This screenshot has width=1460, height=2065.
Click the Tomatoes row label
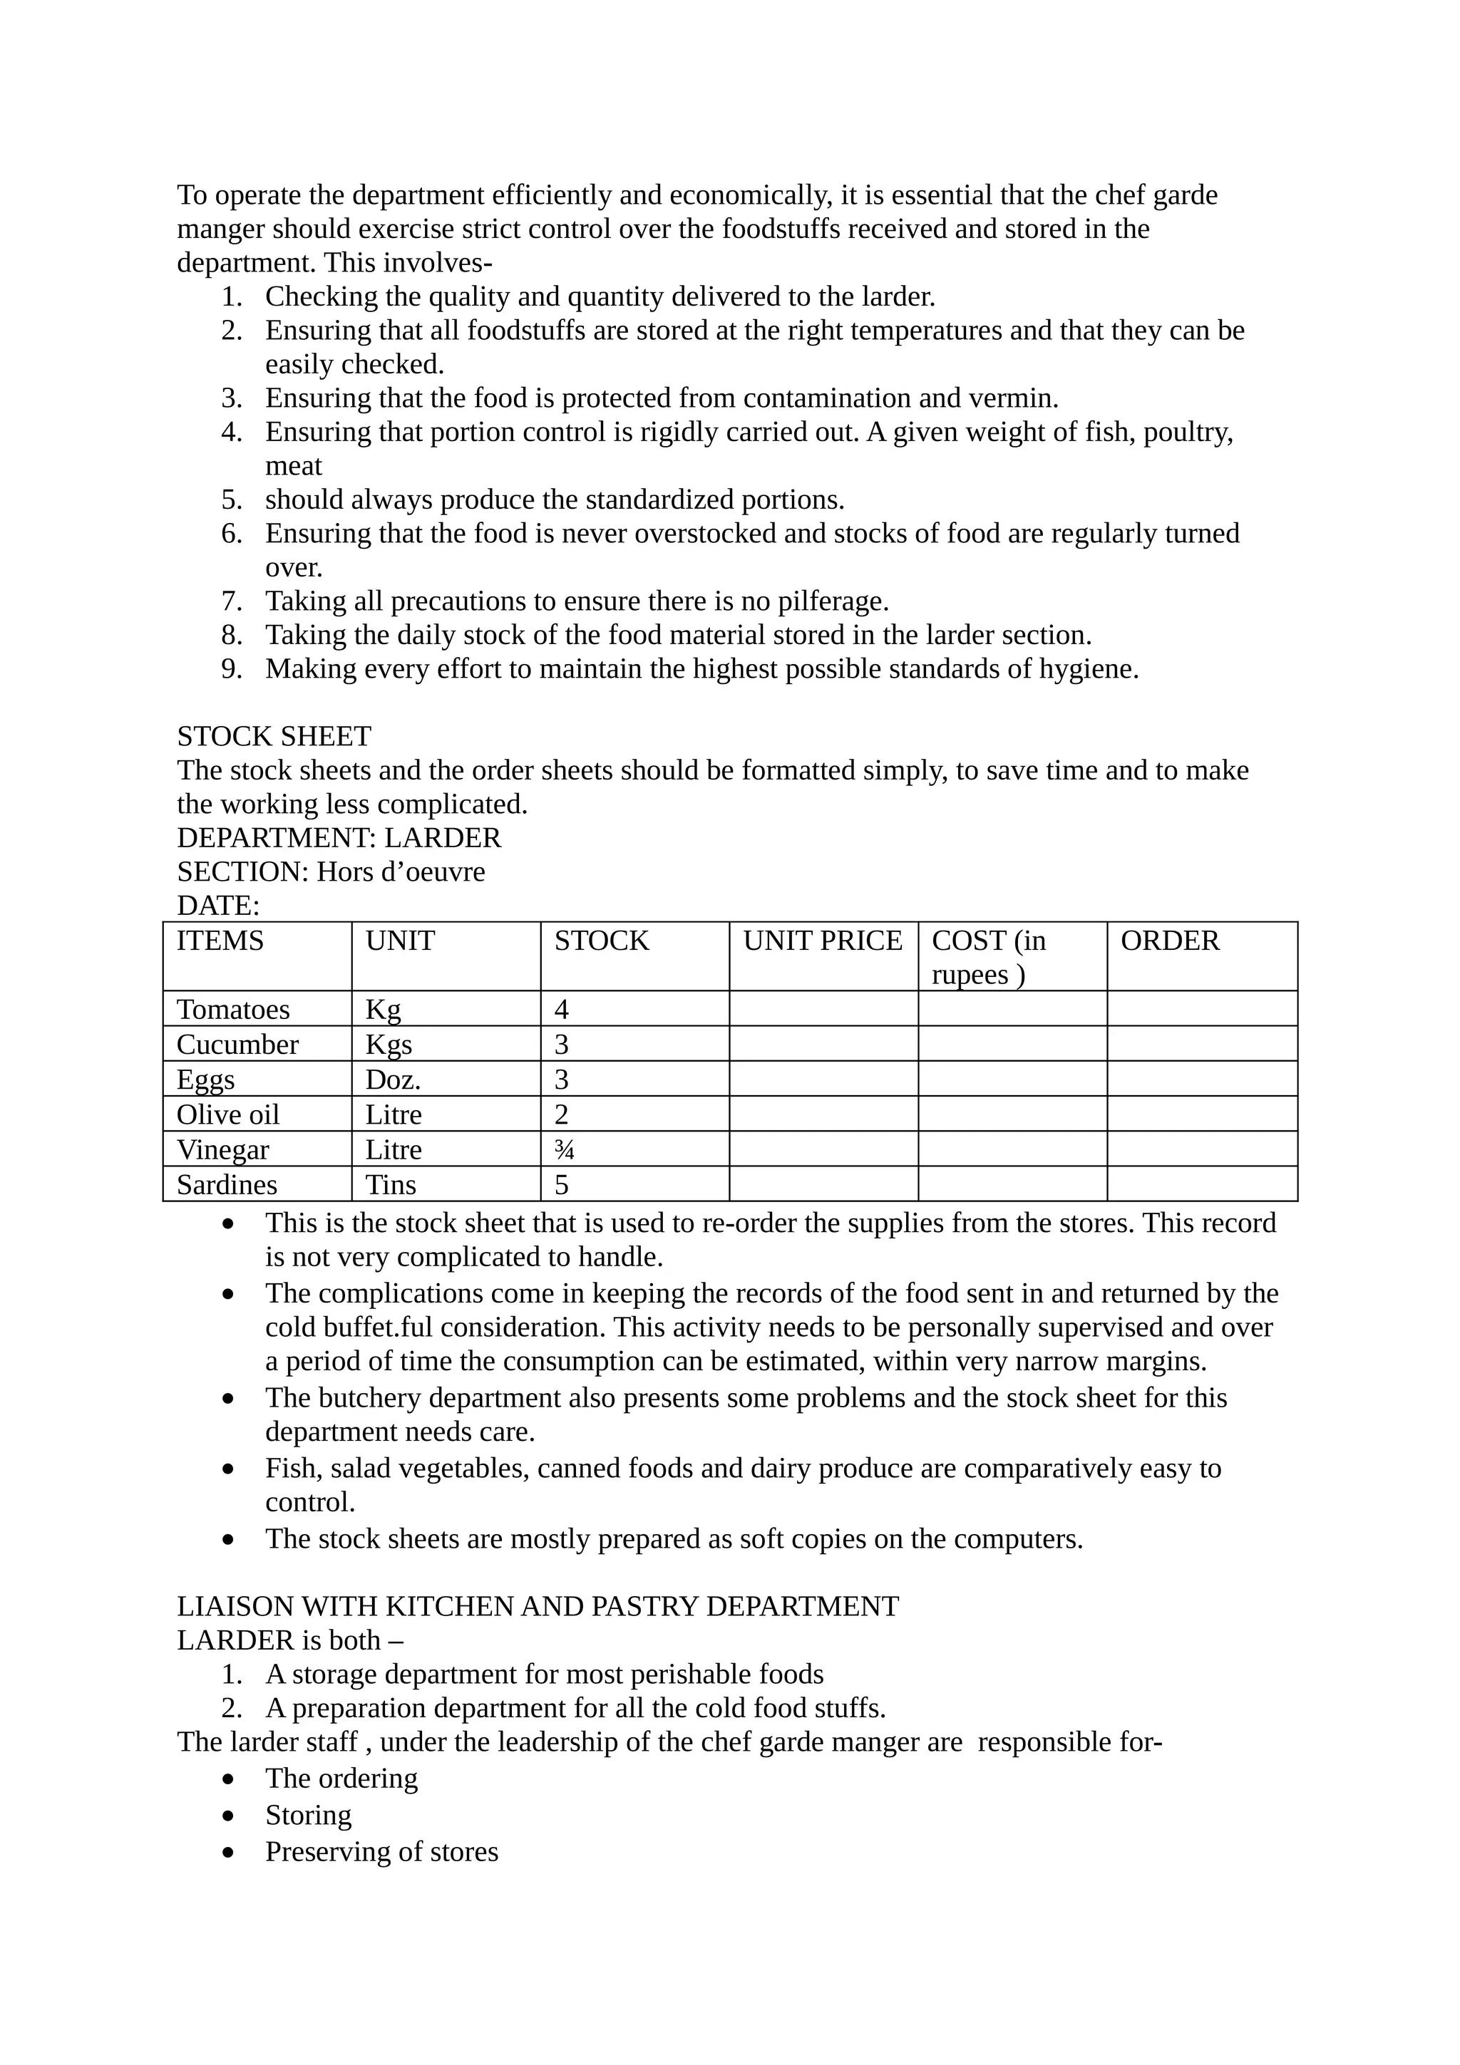(233, 1009)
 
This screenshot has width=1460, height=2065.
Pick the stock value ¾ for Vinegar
(564, 1149)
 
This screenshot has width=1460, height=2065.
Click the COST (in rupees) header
(988, 957)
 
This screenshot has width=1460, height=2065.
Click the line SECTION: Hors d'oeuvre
(330, 871)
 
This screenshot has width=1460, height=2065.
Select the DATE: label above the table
(217, 905)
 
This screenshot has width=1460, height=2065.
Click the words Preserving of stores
(381, 1852)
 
